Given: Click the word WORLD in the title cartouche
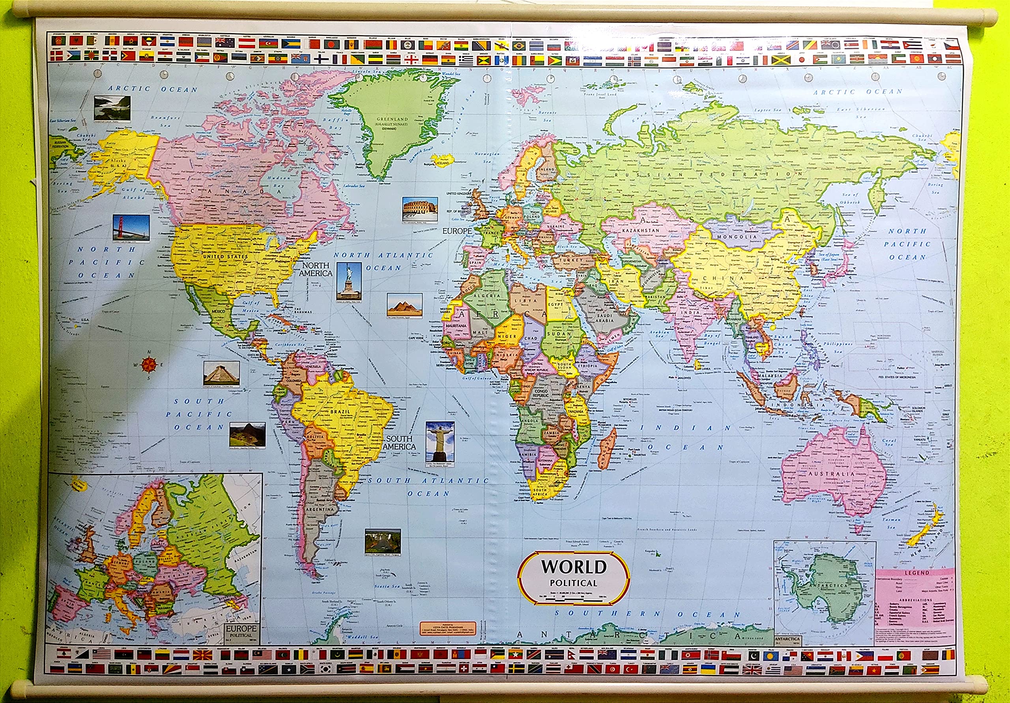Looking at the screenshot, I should coord(574,566).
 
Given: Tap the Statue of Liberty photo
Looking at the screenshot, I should coord(349,281).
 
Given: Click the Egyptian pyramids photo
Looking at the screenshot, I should coord(404,305).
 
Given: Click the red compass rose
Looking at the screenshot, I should coord(149,364).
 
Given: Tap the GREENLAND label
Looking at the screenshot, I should coord(392,119).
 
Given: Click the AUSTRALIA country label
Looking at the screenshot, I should coord(831,474).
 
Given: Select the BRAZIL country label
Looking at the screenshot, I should coord(340,412).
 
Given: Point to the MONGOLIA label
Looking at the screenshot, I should coord(737,236).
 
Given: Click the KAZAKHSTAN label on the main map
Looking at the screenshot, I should coord(640,230).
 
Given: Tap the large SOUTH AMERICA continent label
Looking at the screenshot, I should coord(399,442).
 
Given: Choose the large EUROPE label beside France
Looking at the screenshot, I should coord(457,231).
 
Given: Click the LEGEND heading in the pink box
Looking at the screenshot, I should coord(917,573).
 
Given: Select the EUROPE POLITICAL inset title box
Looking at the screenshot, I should coord(241,632).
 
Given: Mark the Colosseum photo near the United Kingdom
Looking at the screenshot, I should coord(420,209).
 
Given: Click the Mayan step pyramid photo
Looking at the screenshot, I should coord(221,373).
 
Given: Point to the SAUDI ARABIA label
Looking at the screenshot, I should coord(604,318).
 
